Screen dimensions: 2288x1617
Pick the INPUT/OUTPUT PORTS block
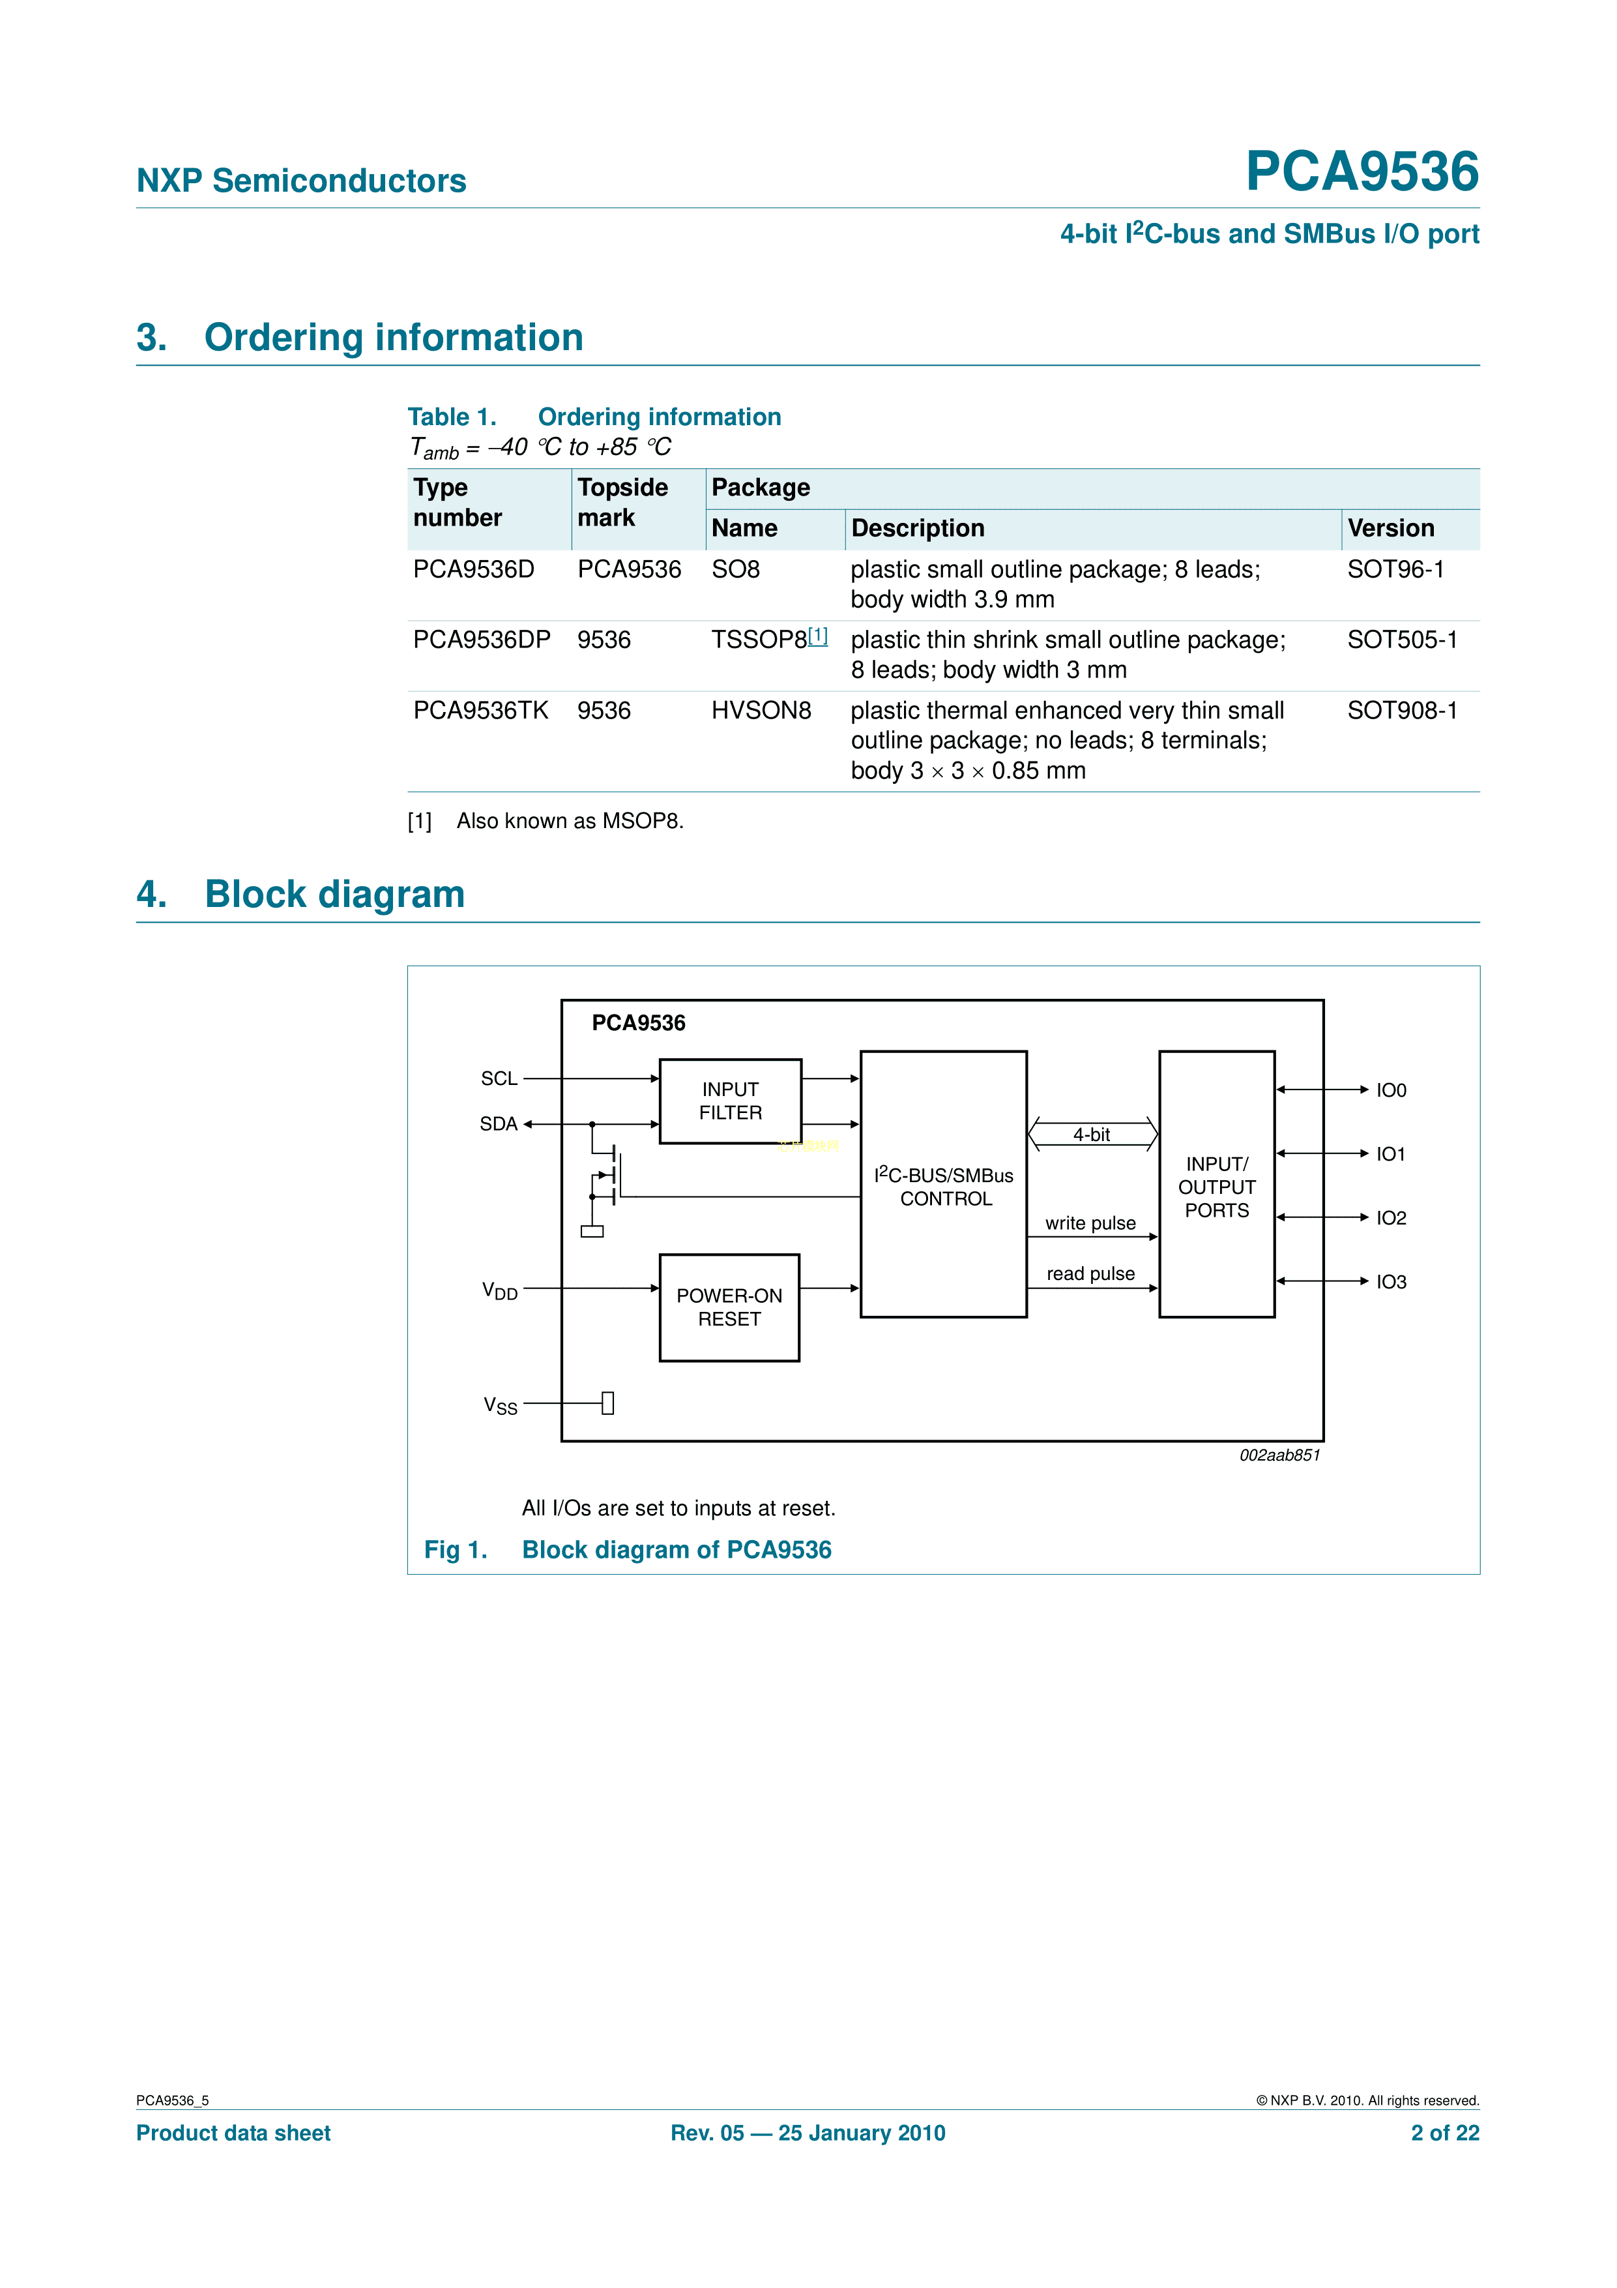(1216, 1186)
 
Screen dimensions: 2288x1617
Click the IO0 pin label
(1391, 1090)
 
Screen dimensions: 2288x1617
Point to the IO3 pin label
(1391, 1281)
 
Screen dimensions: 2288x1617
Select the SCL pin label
(499, 1078)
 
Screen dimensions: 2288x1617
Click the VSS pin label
(500, 1405)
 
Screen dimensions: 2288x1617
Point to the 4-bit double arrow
(1092, 1134)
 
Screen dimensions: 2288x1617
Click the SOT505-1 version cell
(1402, 640)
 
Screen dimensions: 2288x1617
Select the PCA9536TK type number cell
(480, 711)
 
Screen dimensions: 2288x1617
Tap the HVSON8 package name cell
(761, 711)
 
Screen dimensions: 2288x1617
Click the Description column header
(918, 528)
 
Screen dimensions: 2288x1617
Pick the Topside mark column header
(622, 502)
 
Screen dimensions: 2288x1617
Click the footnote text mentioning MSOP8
(570, 821)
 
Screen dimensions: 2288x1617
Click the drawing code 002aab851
(1279, 1455)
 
